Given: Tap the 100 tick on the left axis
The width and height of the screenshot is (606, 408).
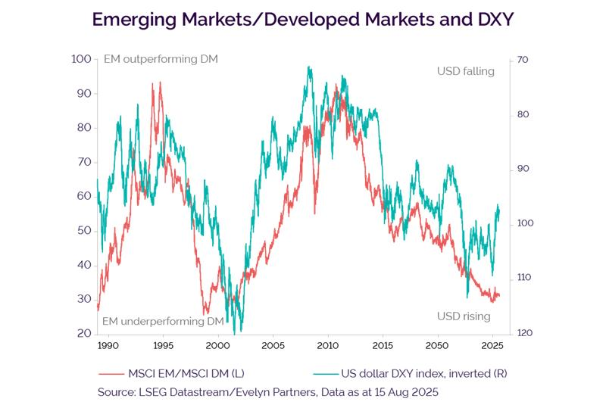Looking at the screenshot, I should (x=81, y=59).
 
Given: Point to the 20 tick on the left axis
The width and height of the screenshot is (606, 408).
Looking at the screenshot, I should (x=83, y=333).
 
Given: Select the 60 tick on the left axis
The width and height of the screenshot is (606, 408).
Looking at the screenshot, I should (x=83, y=196).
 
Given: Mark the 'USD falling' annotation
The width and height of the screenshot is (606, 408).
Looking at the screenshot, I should (x=465, y=71).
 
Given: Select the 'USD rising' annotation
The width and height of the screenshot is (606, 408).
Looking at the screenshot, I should (x=464, y=316).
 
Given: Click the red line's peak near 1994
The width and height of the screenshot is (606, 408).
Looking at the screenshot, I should (x=159, y=83).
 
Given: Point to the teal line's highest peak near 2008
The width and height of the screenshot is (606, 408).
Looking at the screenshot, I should (x=308, y=67).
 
